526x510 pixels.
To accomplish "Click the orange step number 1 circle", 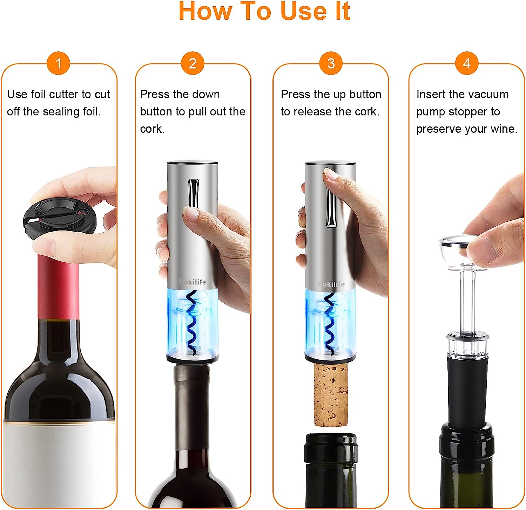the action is click(x=59, y=63).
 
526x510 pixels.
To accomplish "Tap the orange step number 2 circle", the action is click(x=193, y=63).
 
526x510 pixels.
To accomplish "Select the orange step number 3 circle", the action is click(x=331, y=63).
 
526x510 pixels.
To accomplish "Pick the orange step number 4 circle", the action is click(x=466, y=63).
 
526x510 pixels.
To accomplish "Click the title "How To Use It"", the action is click(x=264, y=11).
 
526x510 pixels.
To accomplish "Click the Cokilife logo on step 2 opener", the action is click(x=193, y=282).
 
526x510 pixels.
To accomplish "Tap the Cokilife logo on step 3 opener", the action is click(x=331, y=284).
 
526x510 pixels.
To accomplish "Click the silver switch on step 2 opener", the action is click(x=193, y=193).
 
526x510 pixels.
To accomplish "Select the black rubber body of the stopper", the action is click(x=466, y=389).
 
